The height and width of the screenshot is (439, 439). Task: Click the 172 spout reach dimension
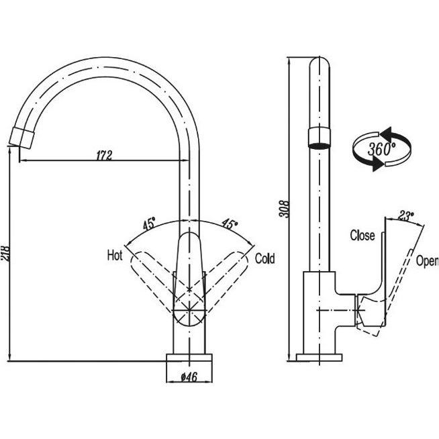click(x=103, y=155)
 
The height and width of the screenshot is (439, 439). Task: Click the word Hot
click(x=114, y=255)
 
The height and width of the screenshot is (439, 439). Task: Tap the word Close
click(x=362, y=236)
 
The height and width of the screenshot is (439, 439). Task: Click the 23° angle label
click(x=405, y=215)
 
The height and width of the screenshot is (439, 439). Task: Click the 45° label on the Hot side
click(x=148, y=224)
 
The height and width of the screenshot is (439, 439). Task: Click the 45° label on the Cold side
click(x=230, y=224)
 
